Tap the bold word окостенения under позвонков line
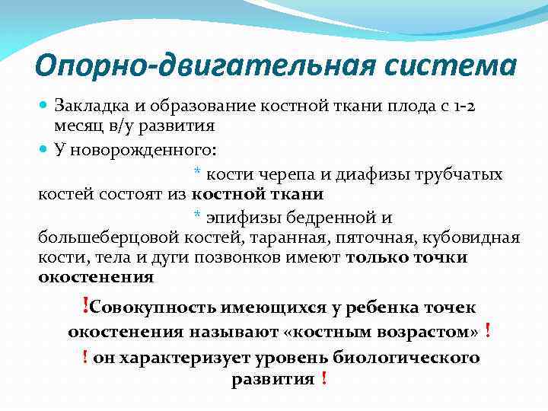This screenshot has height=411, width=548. tap(96, 276)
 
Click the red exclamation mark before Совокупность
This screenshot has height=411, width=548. tap(84, 306)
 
